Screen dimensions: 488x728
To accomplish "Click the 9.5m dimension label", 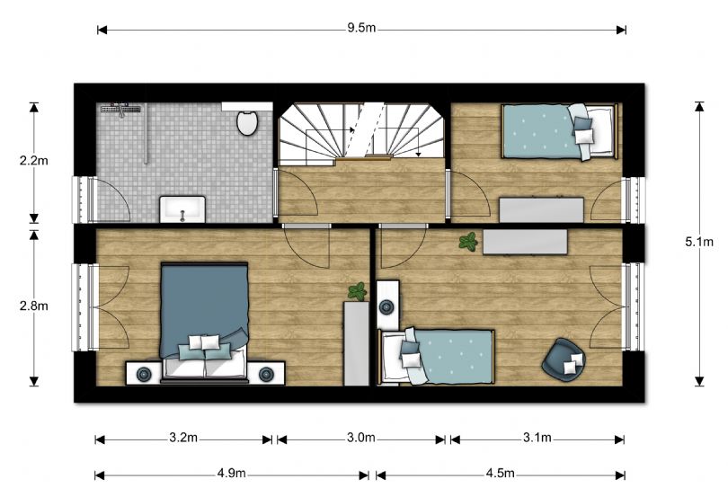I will pyautogui.click(x=361, y=28).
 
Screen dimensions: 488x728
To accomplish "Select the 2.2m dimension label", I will pyautogui.click(x=34, y=162).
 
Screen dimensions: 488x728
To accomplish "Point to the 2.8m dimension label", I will pyautogui.click(x=34, y=306).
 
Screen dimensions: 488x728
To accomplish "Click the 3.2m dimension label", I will pyautogui.click(x=183, y=439).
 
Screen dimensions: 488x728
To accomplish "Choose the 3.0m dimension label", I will pyautogui.click(x=360, y=439).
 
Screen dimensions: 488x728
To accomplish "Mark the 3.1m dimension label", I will pyautogui.click(x=537, y=439).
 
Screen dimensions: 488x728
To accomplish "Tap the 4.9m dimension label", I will pyautogui.click(x=231, y=474).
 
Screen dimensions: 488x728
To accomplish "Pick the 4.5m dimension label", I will pyautogui.click(x=500, y=474).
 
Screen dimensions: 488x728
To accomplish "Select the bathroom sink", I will pyautogui.click(x=182, y=209).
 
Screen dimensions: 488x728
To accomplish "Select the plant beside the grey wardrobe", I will pyautogui.click(x=357, y=291).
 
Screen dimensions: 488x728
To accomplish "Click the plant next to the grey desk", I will pyautogui.click(x=467, y=241).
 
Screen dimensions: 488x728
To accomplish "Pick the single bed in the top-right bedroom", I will pyautogui.click(x=557, y=130).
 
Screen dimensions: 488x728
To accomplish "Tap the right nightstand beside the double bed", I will pyautogui.click(x=266, y=373).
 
